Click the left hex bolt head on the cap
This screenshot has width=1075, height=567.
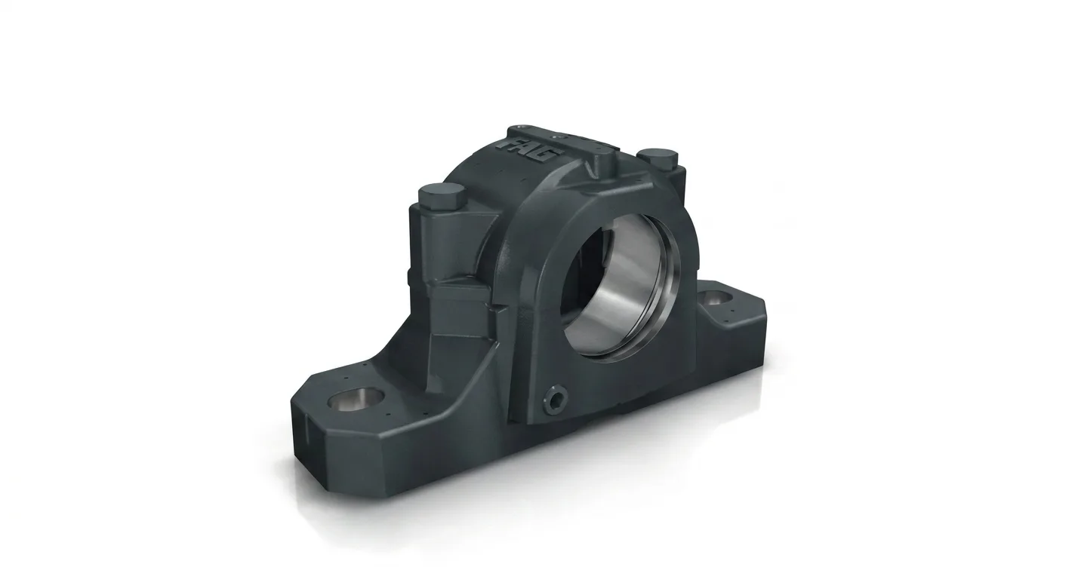(x=442, y=195)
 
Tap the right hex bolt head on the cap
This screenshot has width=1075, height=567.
(x=657, y=158)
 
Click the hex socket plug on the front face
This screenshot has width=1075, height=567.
(x=556, y=397)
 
